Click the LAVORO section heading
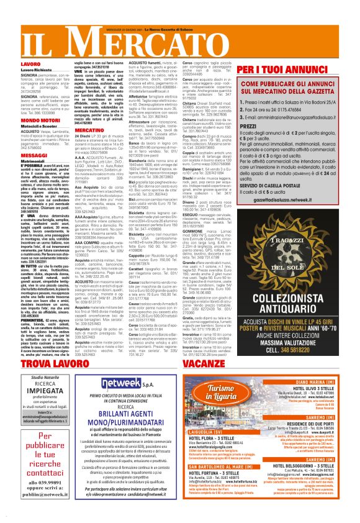(x=14, y=64)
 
